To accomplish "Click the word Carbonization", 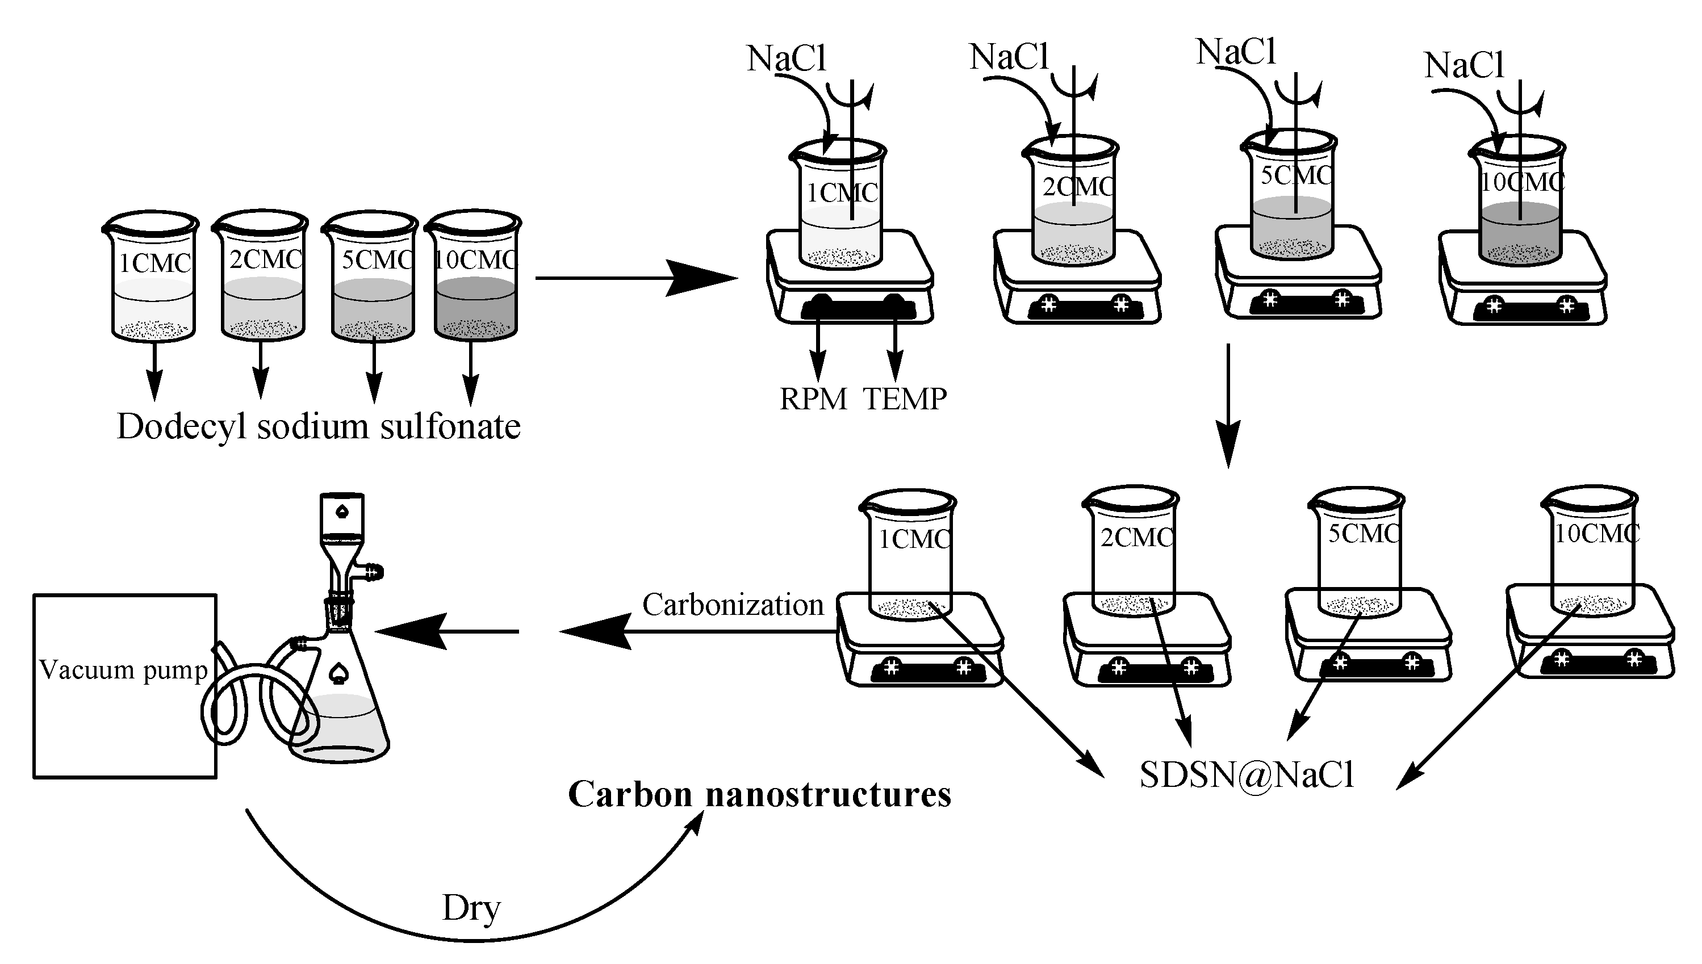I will pos(733,605).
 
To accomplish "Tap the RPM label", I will pos(813,399).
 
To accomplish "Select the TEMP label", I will pos(905,399).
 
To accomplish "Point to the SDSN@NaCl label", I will pos(1247,774).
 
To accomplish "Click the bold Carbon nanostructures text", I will pos(760,794).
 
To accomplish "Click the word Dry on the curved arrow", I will pos(471,908).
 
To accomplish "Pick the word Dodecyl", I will pos(182,427).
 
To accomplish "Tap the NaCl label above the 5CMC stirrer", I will pos(1236,52).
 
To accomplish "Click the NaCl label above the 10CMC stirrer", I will pos(1464,65).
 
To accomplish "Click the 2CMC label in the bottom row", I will pos(1136,537).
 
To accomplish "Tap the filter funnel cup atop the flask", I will pos(342,517).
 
